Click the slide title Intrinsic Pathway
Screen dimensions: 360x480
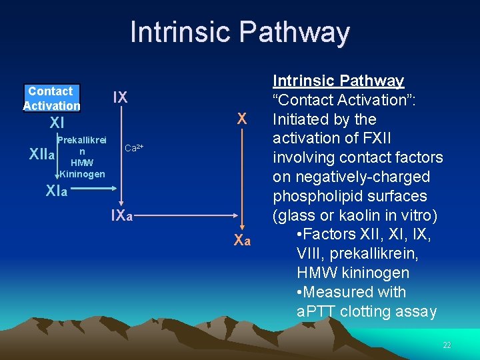click(239, 32)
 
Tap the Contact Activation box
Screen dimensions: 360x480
click(51, 99)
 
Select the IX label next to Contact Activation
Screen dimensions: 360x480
click(120, 97)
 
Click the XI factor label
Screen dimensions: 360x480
click(57, 123)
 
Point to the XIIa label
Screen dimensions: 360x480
click(41, 154)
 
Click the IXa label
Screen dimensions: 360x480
click(121, 215)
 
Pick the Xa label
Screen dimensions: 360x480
click(243, 240)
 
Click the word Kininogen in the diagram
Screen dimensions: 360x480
click(83, 175)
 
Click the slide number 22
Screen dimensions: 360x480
click(447, 345)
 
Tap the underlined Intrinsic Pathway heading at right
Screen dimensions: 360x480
click(339, 81)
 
